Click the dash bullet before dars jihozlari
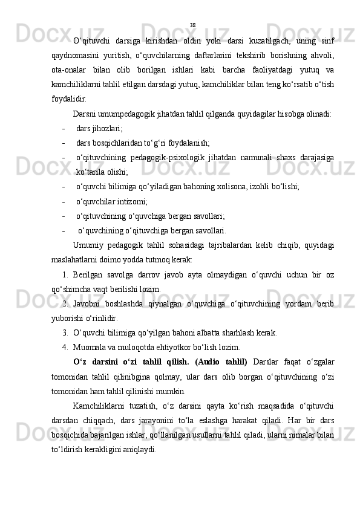(64, 129)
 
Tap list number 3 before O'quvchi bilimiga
(65, 332)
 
